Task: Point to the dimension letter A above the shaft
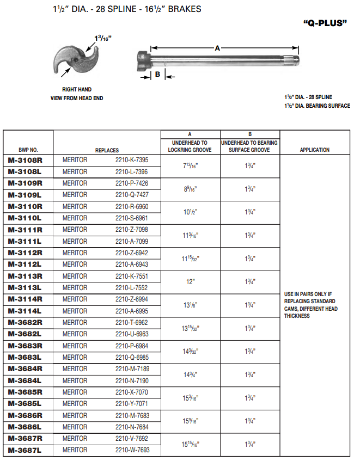click(x=217, y=48)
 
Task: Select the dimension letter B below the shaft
click(x=157, y=75)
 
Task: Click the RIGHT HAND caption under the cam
click(x=77, y=89)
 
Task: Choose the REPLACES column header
click(x=107, y=150)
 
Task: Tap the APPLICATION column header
click(x=314, y=150)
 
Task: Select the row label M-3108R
click(x=25, y=161)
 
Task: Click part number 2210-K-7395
click(x=131, y=161)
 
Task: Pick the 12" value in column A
click(x=190, y=282)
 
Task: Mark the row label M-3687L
click(x=25, y=451)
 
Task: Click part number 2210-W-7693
click(x=131, y=451)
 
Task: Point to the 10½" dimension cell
click(x=190, y=212)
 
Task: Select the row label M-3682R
click(x=25, y=323)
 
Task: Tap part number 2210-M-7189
click(x=131, y=369)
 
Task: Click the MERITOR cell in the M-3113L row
click(x=75, y=288)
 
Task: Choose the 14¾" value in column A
click(x=190, y=374)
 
